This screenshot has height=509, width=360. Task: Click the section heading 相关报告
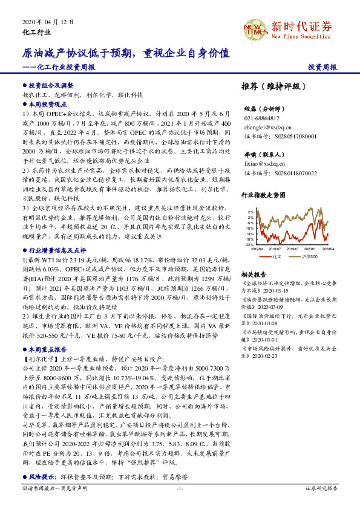(254, 273)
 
